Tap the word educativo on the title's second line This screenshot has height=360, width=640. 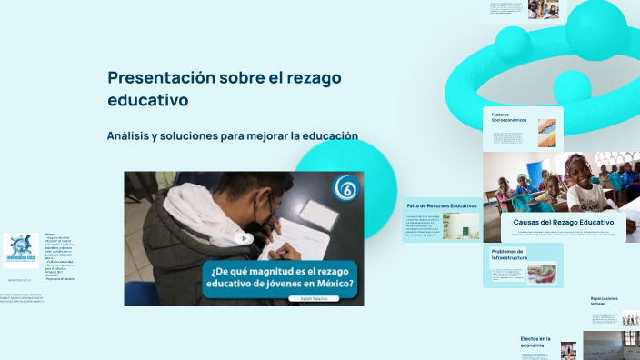click(x=147, y=99)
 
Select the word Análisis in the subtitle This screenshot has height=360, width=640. click(x=133, y=136)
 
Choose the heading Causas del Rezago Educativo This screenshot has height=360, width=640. click(x=563, y=222)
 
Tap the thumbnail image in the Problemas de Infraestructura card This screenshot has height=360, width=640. click(x=542, y=274)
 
